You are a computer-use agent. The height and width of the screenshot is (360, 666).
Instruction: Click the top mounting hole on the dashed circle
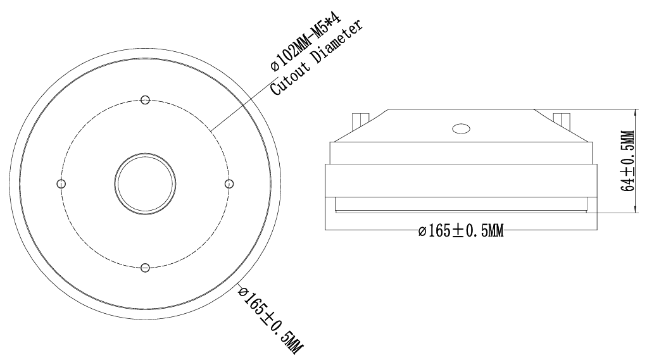click(x=145, y=100)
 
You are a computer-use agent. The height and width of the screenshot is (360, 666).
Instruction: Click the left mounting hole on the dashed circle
click(x=61, y=184)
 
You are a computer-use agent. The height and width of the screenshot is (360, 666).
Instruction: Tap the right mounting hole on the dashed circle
click(x=229, y=184)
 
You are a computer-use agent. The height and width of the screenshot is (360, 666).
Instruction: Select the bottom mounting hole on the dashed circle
click(x=145, y=268)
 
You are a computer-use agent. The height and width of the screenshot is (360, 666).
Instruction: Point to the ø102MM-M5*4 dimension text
click(x=306, y=42)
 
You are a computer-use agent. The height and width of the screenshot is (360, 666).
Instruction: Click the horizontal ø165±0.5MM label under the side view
click(x=461, y=231)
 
